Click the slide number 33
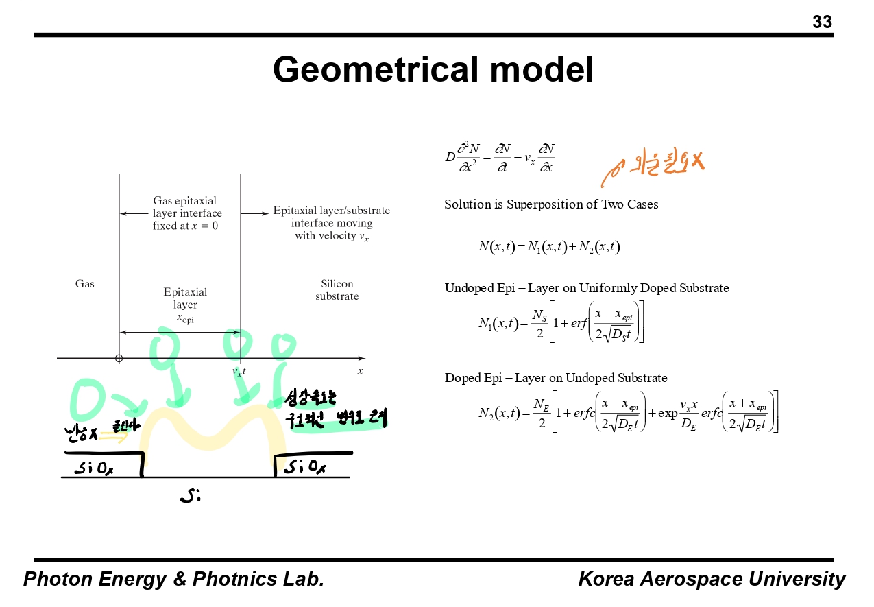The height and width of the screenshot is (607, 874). click(x=822, y=23)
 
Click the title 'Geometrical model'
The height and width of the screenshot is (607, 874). click(x=433, y=69)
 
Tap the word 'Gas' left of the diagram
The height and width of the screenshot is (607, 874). click(x=85, y=284)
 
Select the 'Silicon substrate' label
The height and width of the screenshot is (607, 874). click(x=337, y=290)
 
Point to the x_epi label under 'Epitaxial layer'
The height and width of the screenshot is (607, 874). click(x=185, y=318)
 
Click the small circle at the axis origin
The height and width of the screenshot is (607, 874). click(x=119, y=358)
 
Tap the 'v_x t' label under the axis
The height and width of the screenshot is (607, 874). click(x=239, y=372)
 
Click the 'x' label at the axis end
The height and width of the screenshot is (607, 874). click(x=360, y=371)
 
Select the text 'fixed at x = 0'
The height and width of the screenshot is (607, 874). click(x=185, y=226)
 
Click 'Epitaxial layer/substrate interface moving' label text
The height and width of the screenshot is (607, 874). click(x=332, y=217)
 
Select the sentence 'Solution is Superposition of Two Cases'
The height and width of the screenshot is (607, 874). click(x=551, y=204)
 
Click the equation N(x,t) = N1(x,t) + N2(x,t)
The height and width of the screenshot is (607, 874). click(x=549, y=247)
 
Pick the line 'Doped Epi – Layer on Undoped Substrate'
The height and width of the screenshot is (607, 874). click(x=555, y=378)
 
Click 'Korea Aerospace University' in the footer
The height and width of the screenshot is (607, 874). click(x=712, y=580)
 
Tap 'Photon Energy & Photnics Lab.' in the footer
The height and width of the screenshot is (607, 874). click(x=173, y=580)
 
